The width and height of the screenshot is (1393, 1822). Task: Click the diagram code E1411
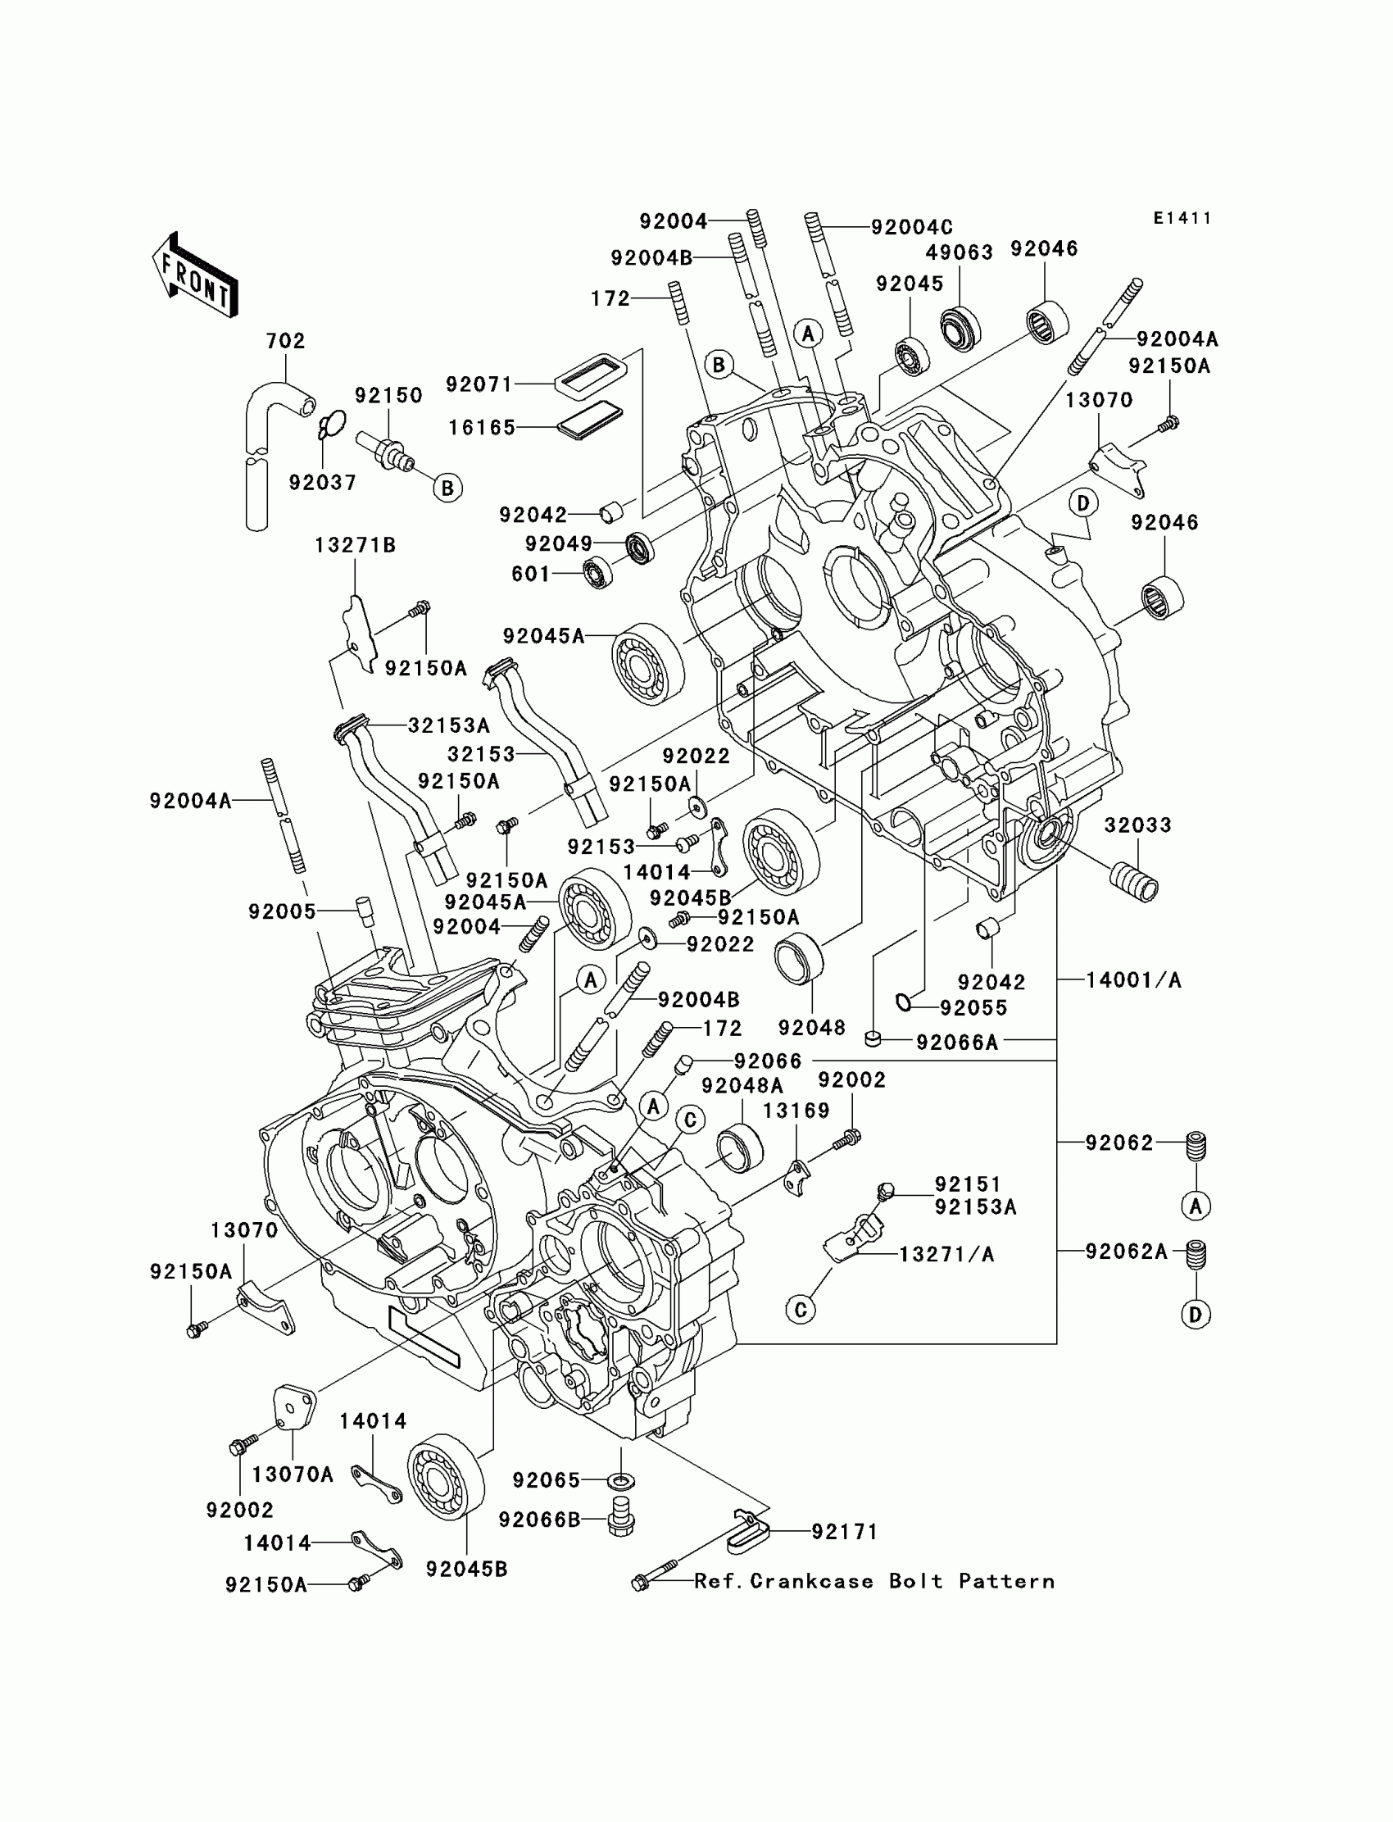1182,218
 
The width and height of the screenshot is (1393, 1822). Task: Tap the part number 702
285,341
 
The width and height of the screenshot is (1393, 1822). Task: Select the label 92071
479,384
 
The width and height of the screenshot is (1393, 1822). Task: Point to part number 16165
482,427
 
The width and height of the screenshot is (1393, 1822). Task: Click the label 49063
960,252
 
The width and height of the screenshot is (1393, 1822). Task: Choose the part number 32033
1137,825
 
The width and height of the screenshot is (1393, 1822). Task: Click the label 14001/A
1133,980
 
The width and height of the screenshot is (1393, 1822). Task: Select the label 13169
796,1111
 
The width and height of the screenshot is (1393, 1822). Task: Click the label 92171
844,1532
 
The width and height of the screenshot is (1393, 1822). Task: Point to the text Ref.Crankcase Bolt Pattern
875,1582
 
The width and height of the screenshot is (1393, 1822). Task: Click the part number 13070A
293,1474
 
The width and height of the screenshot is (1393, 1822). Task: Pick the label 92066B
539,1520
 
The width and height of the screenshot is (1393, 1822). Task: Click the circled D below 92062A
1196,1315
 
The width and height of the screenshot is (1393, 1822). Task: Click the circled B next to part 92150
447,488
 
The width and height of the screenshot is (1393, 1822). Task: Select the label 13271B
355,546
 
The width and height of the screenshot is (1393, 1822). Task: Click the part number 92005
282,911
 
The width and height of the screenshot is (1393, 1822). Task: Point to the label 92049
559,544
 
